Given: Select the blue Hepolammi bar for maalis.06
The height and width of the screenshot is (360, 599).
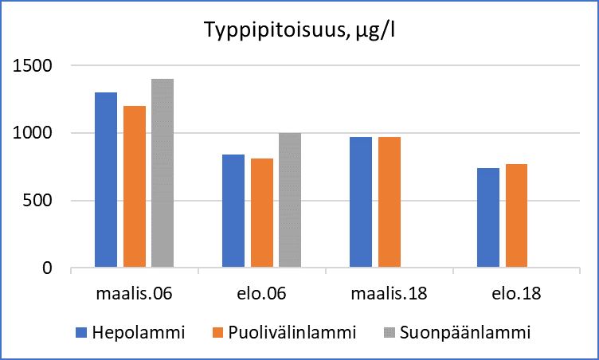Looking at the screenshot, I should (x=106, y=180).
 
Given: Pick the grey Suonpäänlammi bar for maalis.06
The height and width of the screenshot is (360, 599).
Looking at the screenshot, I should (x=162, y=173).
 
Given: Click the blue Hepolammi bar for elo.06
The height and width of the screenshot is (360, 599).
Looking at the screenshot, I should (x=233, y=211).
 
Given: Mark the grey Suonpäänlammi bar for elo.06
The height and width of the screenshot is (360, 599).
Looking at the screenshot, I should (x=290, y=201).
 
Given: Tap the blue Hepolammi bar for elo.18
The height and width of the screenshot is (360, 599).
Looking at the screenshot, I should (x=488, y=218).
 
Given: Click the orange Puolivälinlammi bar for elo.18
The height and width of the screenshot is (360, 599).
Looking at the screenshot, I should (x=517, y=216).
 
